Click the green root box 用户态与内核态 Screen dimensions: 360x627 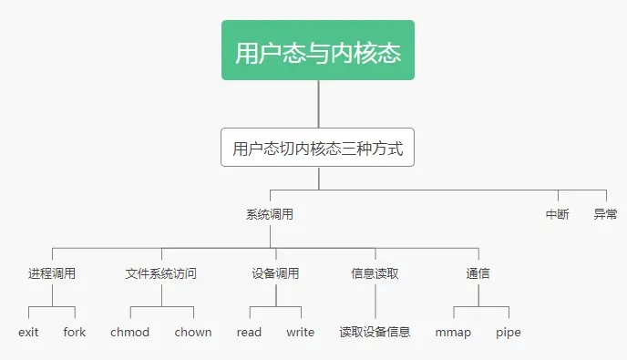click(317, 51)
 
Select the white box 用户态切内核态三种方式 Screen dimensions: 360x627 click(317, 148)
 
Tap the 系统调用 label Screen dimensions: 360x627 click(270, 215)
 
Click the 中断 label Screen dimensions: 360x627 click(558, 215)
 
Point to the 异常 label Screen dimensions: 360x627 click(605, 215)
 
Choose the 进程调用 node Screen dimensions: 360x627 click(52, 273)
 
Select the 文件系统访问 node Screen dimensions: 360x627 click(161, 273)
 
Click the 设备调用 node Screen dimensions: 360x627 click(275, 273)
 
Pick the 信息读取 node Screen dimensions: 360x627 click(375, 273)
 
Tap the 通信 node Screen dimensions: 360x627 click(478, 273)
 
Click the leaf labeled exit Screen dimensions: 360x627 click(28, 333)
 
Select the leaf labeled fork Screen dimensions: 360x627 click(75, 333)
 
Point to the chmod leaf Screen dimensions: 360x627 click(129, 333)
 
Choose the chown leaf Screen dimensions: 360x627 click(193, 333)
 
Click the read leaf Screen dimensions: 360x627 click(249, 333)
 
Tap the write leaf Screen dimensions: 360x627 click(300, 333)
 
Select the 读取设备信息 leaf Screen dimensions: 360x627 click(375, 333)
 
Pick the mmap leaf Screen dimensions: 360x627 click(453, 333)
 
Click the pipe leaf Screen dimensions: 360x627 click(509, 333)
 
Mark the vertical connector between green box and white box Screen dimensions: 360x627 click(317, 104)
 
